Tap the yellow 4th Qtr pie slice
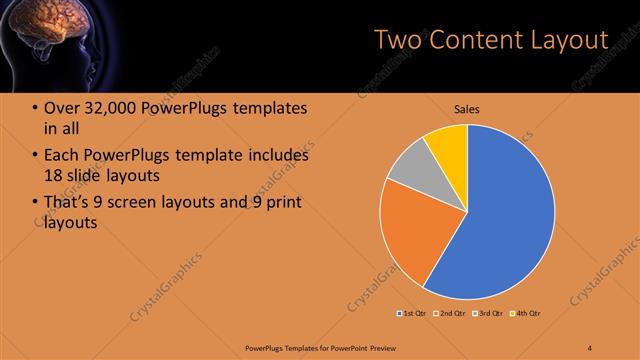tap(448, 146)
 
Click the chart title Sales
tap(467, 108)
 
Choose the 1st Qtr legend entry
tap(412, 314)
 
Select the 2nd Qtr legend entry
tap(451, 314)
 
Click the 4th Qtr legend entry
tap(527, 314)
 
